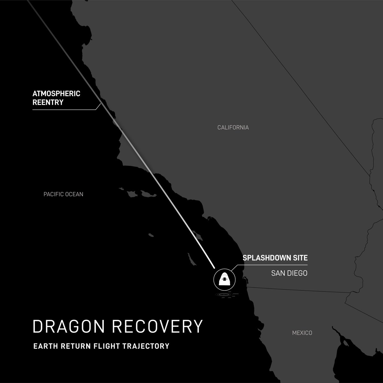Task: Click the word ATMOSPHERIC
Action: (x=56, y=94)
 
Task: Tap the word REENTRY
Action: (x=48, y=102)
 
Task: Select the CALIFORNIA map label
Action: (x=233, y=128)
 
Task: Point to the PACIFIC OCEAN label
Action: (x=63, y=194)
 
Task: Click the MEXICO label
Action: (x=302, y=333)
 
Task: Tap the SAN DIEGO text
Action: (x=289, y=273)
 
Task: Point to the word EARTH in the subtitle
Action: (x=44, y=346)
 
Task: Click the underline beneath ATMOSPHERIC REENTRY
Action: (x=64, y=109)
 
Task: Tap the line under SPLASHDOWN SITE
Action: (x=271, y=265)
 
